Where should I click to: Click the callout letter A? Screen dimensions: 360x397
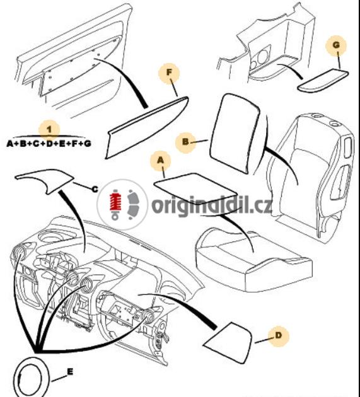[161, 161]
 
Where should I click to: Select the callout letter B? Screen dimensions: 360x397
[185, 142]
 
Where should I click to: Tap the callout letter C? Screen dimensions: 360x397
[95, 189]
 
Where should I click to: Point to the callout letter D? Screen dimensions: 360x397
[278, 336]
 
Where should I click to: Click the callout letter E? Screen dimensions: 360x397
[70, 372]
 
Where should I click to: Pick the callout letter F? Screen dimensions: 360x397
[169, 72]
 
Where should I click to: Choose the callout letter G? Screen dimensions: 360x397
[336, 45]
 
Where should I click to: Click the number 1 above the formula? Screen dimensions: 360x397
[49, 130]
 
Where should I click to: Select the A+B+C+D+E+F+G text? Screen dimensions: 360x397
[49, 144]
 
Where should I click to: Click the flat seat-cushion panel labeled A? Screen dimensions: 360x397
[196, 188]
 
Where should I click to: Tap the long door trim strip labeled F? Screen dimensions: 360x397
[147, 128]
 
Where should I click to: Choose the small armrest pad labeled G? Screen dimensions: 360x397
[323, 80]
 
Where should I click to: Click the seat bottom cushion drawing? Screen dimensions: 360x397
[253, 261]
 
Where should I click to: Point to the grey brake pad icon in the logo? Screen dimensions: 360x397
[134, 204]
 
